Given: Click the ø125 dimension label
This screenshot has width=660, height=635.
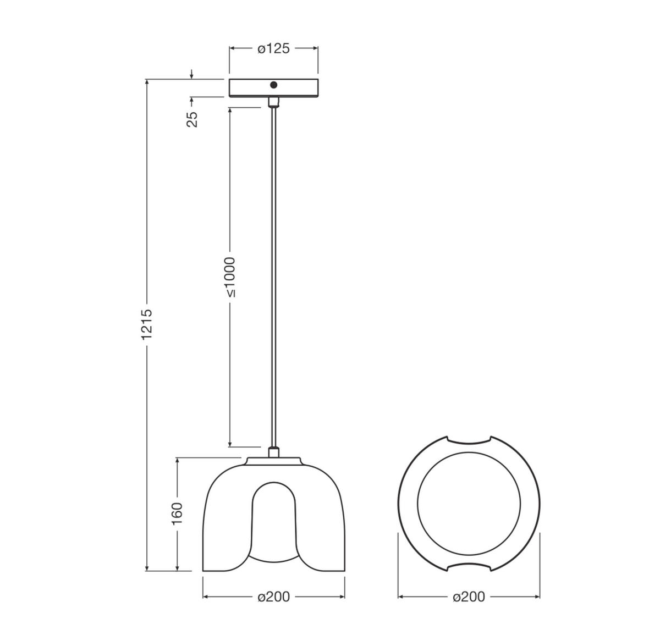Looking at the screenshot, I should click(x=273, y=49).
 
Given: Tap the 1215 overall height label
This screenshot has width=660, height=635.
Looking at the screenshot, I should click(x=146, y=324).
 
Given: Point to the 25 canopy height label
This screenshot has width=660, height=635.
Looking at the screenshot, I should click(x=192, y=119).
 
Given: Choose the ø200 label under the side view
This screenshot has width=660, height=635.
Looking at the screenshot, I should click(x=273, y=597).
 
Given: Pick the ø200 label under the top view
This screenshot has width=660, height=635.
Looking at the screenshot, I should click(x=469, y=597).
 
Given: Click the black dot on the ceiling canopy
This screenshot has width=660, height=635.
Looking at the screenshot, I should click(x=273, y=85).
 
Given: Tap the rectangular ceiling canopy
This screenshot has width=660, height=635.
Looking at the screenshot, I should click(x=297, y=88).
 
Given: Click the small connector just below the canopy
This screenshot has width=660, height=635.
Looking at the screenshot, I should click(x=273, y=102).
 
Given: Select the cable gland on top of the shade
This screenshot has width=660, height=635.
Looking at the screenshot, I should click(x=273, y=452).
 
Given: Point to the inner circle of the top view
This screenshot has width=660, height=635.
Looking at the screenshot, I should click(x=469, y=504).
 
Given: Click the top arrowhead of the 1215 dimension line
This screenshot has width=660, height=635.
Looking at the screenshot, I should click(x=147, y=83).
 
